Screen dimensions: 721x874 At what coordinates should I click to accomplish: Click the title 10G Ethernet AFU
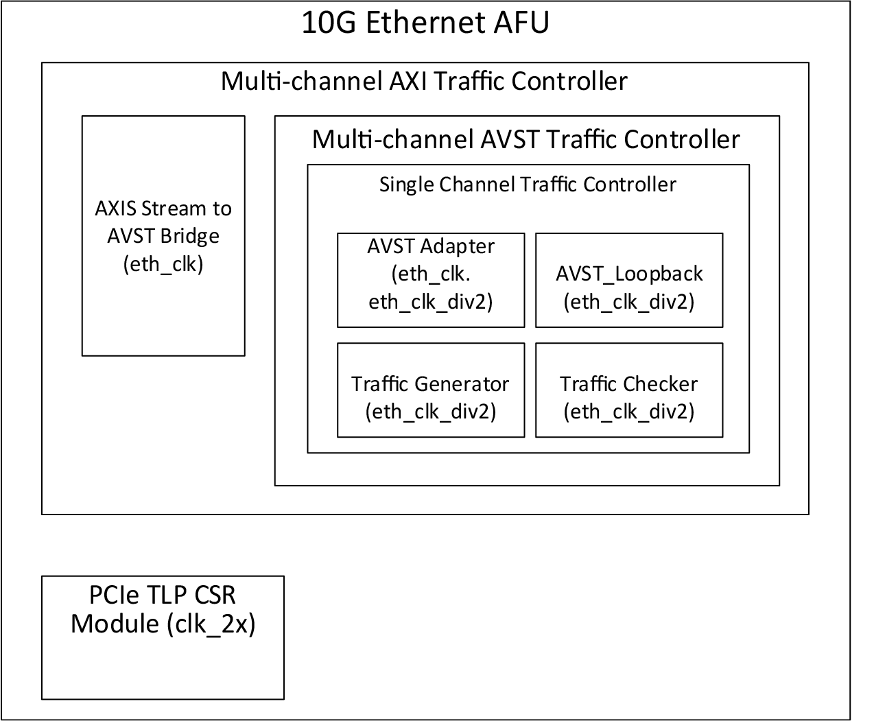click(425, 23)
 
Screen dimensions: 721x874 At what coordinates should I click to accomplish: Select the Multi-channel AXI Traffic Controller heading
click(424, 81)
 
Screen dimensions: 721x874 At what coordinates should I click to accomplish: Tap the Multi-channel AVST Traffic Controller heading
click(526, 139)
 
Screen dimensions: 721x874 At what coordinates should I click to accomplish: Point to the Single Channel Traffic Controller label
click(528, 185)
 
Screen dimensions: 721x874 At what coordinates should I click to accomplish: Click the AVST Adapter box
click(431, 280)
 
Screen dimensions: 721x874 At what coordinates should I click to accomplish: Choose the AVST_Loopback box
click(629, 280)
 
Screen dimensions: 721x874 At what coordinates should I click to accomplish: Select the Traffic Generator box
click(431, 390)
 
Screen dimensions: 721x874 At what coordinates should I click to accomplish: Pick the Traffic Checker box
click(629, 390)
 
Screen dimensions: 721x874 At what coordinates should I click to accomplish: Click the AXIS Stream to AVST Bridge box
click(163, 235)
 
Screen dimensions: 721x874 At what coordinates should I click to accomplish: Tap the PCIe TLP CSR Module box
click(163, 637)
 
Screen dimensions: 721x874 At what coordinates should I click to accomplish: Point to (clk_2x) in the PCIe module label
click(211, 624)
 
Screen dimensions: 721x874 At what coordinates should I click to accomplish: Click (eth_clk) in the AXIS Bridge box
click(163, 264)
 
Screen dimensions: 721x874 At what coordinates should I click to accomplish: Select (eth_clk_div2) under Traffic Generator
click(431, 411)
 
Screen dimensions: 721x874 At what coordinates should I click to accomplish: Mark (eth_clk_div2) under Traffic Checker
click(629, 411)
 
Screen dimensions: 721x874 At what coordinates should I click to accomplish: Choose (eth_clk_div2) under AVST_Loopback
click(629, 301)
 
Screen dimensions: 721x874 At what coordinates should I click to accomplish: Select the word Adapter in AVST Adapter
click(460, 246)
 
